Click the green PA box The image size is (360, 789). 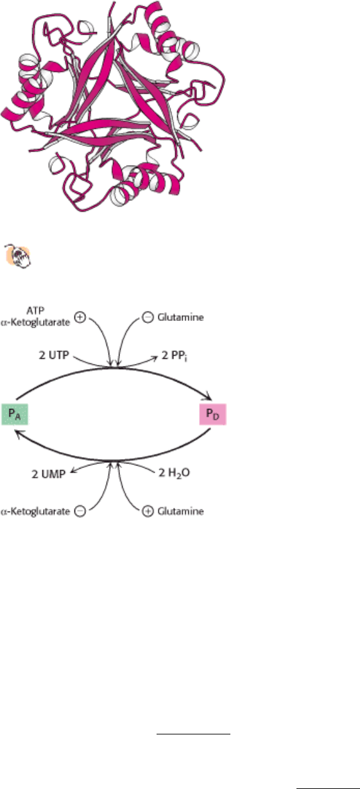click(x=15, y=415)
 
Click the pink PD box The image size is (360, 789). click(x=213, y=415)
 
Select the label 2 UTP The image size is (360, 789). click(x=54, y=355)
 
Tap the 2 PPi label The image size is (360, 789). click(x=175, y=356)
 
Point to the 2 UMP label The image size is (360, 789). click(x=49, y=474)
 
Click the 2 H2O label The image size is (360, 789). click(x=174, y=473)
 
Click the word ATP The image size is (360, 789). click(x=35, y=311)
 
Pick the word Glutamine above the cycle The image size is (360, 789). click(x=180, y=317)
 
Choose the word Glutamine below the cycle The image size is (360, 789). click(x=180, y=511)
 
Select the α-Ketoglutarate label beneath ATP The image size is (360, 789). click(x=35, y=322)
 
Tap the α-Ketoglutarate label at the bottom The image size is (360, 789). click(x=35, y=511)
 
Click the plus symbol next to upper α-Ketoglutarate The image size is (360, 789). click(x=80, y=317)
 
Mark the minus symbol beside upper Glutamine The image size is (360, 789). click(x=148, y=317)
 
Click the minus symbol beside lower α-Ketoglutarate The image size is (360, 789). click(x=80, y=511)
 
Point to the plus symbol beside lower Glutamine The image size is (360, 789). click(x=148, y=511)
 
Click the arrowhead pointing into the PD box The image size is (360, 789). click(x=208, y=397)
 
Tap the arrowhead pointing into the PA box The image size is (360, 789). click(x=17, y=436)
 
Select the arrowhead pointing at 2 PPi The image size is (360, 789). click(x=155, y=358)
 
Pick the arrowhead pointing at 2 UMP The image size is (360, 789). click(x=73, y=471)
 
